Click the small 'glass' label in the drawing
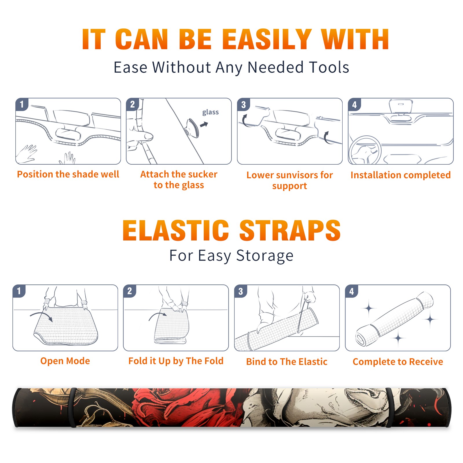click(210, 112)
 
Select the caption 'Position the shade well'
click(68, 174)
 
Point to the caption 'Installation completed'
click(400, 175)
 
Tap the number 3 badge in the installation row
click(244, 104)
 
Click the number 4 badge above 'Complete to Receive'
click(352, 291)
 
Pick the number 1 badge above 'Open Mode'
click(19, 291)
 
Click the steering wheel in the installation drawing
click(365, 150)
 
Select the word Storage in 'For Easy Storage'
click(265, 256)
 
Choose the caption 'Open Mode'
click(65, 361)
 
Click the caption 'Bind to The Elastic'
click(287, 362)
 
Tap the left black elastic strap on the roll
click(72, 407)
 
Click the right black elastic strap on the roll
click(389, 407)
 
